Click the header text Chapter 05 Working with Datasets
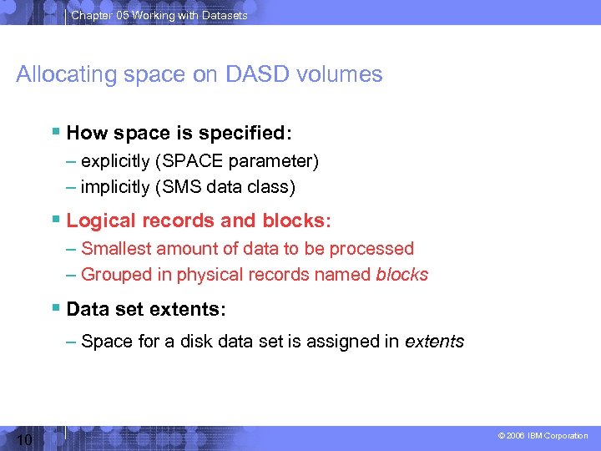pos(159,15)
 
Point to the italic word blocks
pos(402,275)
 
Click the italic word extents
pos(434,342)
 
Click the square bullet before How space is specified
pos(55,132)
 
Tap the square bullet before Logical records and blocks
pos(55,220)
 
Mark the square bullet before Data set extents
pos(55,309)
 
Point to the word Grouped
pos(114,275)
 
